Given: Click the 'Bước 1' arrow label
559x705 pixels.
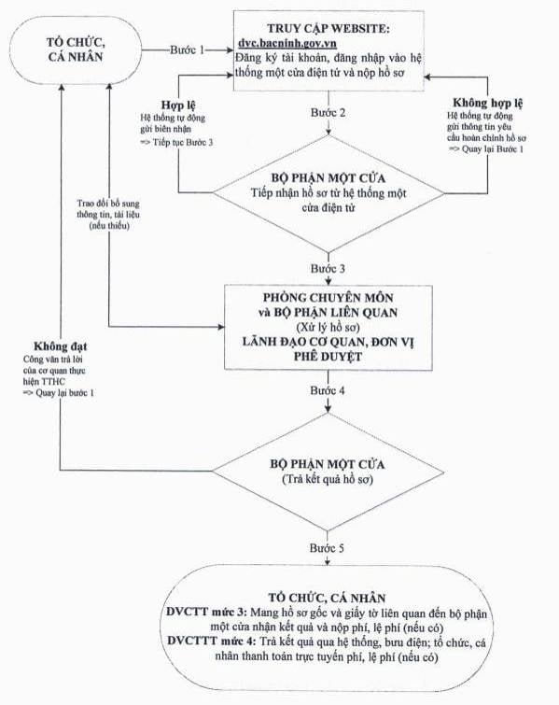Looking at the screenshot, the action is tap(187, 49).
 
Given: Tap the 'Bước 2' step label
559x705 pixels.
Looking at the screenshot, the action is tap(328, 112).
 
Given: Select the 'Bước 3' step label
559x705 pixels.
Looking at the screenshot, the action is tap(328, 268).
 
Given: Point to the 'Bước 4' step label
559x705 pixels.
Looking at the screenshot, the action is tap(328, 390).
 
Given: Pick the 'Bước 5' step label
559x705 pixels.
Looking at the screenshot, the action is tap(328, 548).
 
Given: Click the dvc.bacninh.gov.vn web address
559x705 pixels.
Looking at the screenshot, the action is tap(287, 43).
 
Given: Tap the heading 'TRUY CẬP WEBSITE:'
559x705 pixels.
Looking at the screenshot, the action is tap(328, 28).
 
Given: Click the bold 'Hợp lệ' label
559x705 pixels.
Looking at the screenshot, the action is tap(178, 106).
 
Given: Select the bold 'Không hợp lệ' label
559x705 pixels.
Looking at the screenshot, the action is tap(487, 104).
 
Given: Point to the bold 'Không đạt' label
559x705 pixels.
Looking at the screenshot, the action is tap(61, 346).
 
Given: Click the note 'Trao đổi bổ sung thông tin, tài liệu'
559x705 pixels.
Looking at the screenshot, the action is tap(108, 209).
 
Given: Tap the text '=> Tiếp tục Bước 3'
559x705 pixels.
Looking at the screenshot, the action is tap(176, 143).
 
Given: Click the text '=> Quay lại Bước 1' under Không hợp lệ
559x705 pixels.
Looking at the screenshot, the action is tap(486, 148).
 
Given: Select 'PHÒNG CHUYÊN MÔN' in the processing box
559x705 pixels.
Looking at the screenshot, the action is tap(328, 298).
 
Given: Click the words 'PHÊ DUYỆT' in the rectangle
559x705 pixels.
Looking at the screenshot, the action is tap(328, 357).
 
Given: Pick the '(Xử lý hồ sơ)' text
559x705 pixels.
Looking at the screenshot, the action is tap(328, 327).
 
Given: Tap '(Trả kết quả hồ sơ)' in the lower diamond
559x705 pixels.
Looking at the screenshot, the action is tap(328, 479).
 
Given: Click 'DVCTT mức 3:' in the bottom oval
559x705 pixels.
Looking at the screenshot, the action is tap(206, 613).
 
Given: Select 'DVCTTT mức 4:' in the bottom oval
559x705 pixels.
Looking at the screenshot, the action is tap(211, 642).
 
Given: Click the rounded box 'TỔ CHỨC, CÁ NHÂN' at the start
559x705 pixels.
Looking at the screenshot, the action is tap(76, 49).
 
